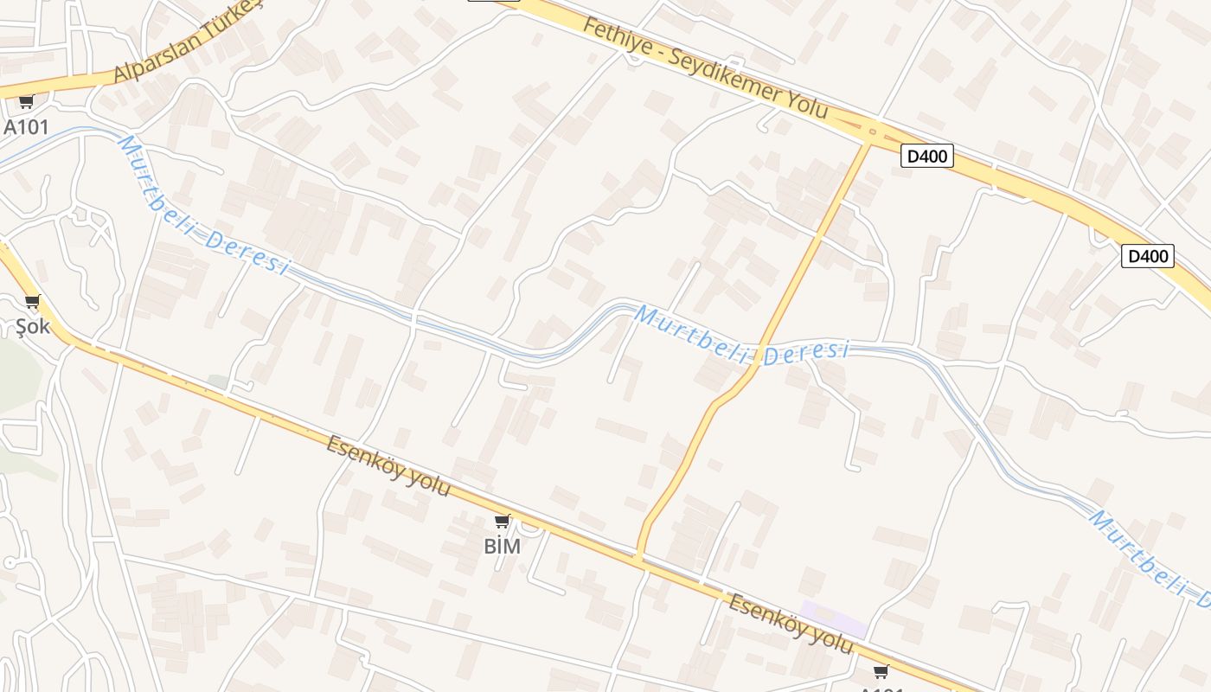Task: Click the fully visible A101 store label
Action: pyautogui.click(x=26, y=127)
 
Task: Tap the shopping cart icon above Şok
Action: pyautogui.click(x=33, y=302)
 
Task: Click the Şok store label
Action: pyautogui.click(x=33, y=326)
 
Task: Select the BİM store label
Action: pyautogui.click(x=502, y=546)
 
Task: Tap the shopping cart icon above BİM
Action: pyautogui.click(x=502, y=521)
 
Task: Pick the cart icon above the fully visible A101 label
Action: pyautogui.click(x=26, y=102)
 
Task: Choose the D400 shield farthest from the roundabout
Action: pyautogui.click(x=1147, y=256)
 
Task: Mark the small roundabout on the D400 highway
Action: pyautogui.click(x=872, y=132)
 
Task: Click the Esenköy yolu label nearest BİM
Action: pyautogui.click(x=388, y=466)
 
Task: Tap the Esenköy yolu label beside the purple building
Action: pyautogui.click(x=790, y=624)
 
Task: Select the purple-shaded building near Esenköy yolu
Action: pyautogui.click(x=833, y=618)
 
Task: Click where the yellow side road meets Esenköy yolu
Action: pyautogui.click(x=640, y=558)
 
